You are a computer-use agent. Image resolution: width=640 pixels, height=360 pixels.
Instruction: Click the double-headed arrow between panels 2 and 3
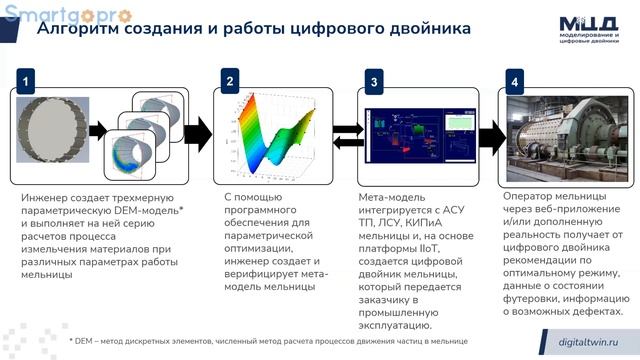347,135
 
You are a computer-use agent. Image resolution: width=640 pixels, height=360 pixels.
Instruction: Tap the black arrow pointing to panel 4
491,136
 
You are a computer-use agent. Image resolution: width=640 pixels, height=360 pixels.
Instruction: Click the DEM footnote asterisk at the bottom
72,341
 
